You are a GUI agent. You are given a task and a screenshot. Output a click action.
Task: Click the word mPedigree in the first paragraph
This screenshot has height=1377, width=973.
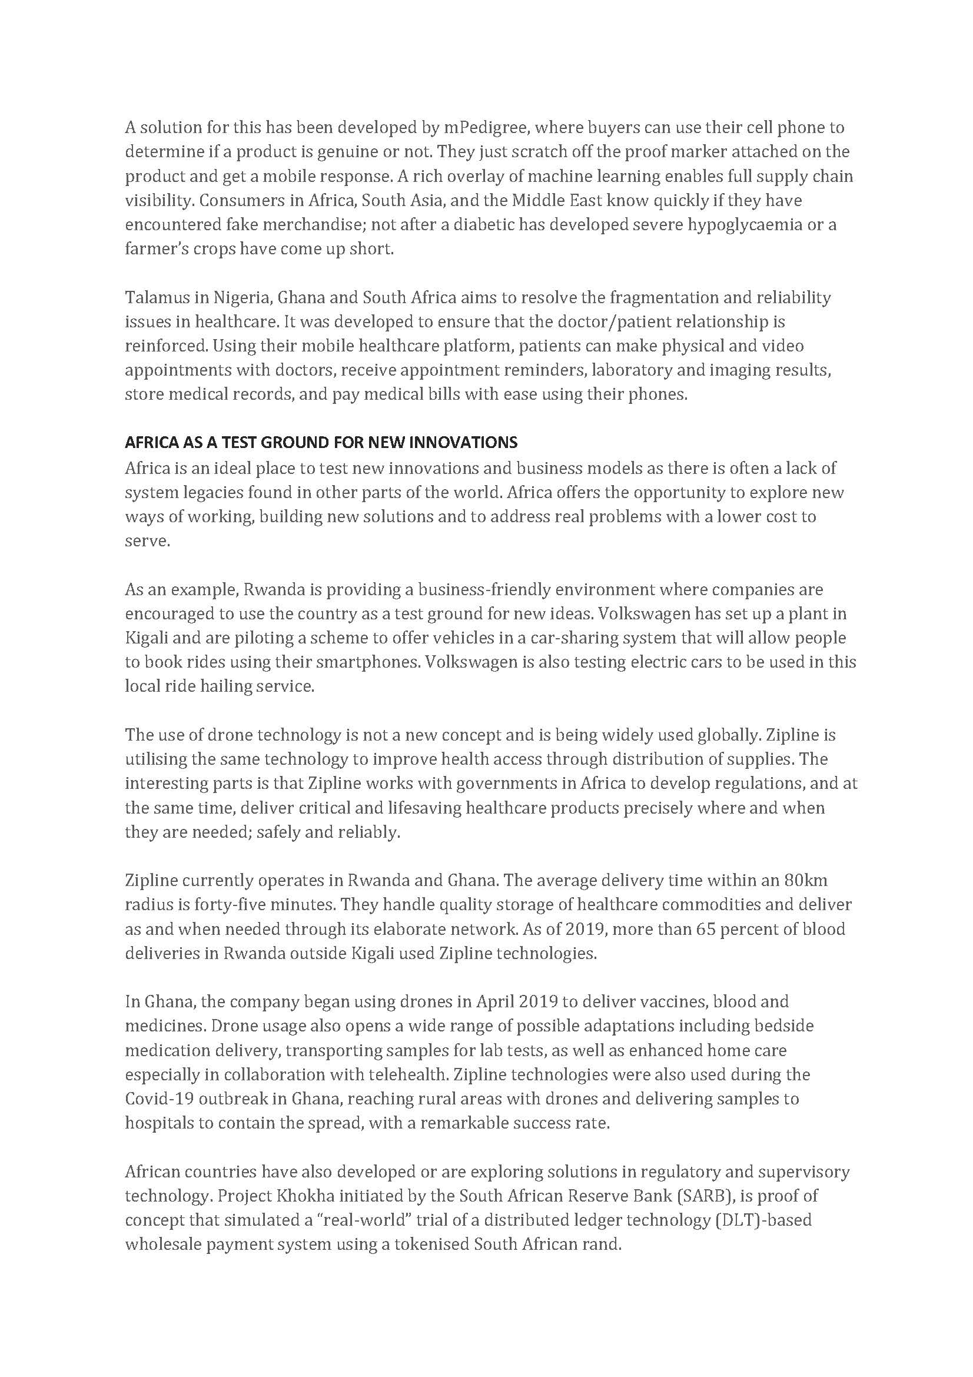coord(486,127)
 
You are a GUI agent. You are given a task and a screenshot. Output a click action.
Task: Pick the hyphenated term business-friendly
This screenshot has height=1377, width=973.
coord(484,589)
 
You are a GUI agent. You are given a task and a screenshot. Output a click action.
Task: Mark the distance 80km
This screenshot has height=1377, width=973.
coord(806,880)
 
